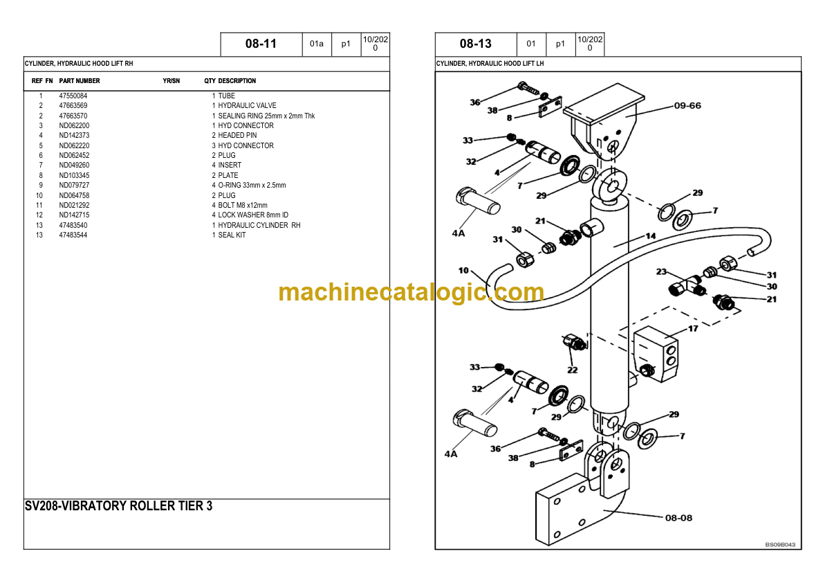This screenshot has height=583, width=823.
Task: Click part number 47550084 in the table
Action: click(73, 96)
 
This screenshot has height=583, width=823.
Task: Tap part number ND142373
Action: click(74, 136)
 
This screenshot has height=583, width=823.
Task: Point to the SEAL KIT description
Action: click(232, 235)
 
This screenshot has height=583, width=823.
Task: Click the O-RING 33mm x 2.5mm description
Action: click(252, 186)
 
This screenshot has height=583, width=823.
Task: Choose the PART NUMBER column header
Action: click(80, 81)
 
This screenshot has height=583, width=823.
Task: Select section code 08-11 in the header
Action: click(261, 44)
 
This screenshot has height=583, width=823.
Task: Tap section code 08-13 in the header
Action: click(475, 44)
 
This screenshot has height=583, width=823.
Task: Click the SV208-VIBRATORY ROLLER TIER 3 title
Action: click(118, 506)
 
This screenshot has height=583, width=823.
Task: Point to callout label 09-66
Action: click(687, 106)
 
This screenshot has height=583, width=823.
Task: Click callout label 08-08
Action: click(678, 518)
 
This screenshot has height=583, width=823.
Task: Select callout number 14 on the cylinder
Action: click(650, 236)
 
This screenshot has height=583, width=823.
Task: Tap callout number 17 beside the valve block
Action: click(693, 328)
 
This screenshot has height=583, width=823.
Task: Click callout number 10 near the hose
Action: click(463, 270)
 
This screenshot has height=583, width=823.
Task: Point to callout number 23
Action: click(661, 272)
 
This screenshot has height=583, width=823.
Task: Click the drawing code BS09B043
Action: click(780, 545)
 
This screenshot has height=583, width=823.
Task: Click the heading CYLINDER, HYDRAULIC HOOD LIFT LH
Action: click(490, 64)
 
